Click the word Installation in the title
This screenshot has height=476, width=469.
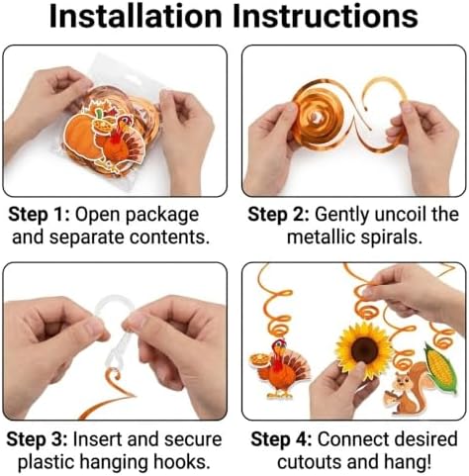coord(136,16)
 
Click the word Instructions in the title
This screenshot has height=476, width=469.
coord(326,16)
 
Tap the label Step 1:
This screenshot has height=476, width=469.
coord(39,215)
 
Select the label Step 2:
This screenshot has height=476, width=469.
coord(278,215)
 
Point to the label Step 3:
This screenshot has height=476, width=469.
coord(37,439)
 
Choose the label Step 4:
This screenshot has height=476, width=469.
coord(281,439)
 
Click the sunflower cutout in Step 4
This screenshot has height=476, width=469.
coord(364,349)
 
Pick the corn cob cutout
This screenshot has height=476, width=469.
coord(441,369)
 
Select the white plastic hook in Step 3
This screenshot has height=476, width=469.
coord(112,333)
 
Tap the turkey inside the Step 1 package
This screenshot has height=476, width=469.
coord(122,145)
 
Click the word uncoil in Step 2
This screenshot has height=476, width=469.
coord(401,215)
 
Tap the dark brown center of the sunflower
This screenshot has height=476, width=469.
coord(364,349)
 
